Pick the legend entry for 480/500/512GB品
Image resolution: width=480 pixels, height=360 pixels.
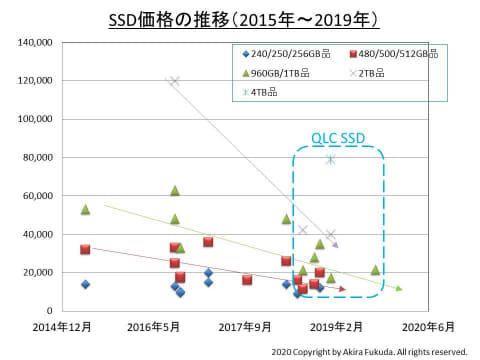click(395, 53)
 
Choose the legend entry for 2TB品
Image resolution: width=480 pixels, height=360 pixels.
click(376, 72)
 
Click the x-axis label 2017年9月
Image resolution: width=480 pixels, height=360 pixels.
click(246, 326)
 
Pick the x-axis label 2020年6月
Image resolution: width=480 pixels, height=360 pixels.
click(428, 326)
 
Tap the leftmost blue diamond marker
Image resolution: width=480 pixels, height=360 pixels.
click(85, 284)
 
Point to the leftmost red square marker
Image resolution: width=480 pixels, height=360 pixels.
click(85, 249)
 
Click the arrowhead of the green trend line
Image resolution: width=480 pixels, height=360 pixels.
click(399, 289)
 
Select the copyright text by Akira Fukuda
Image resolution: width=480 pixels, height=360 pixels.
click(369, 351)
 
